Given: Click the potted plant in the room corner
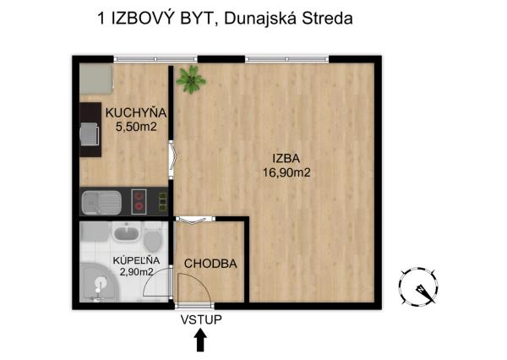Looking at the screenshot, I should point(190,79).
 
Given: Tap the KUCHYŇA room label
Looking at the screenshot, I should point(135,112).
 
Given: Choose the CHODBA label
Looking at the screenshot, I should point(210,264).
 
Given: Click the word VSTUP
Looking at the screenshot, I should point(199,319).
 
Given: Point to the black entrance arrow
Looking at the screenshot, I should point(200,340).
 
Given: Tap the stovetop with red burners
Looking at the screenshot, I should point(139,202).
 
